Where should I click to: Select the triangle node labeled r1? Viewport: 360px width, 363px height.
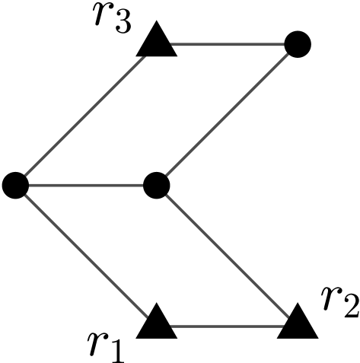pos(157,323)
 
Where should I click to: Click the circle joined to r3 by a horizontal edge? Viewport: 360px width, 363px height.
pos(298,44)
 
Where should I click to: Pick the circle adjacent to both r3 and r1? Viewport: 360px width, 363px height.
pos(15,183)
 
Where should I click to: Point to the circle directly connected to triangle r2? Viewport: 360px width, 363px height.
pos(156,183)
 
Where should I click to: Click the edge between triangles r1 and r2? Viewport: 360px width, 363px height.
pos(227,330)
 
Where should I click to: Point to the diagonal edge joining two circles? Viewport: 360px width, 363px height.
pos(227,114)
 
